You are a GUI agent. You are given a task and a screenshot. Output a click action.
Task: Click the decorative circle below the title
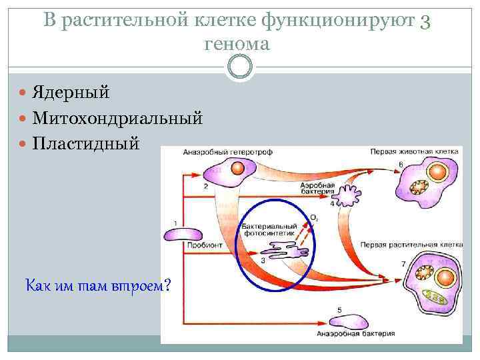click(240, 67)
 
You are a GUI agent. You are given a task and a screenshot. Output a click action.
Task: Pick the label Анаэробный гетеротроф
click(219, 152)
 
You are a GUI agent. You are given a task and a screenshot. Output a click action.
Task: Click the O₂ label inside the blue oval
click(314, 218)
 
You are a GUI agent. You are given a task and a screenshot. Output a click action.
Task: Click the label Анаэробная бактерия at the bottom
click(355, 333)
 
